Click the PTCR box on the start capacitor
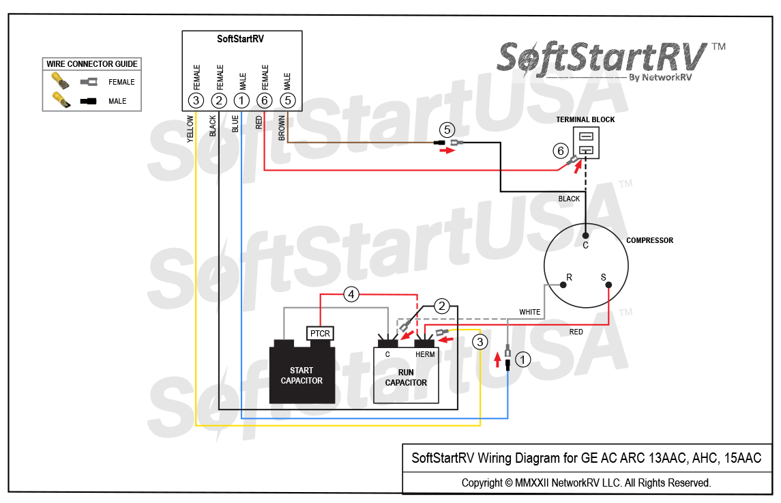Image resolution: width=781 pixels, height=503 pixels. click(320, 333)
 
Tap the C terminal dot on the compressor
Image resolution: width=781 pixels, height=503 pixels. click(585, 235)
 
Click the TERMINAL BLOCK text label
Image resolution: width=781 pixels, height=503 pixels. click(585, 119)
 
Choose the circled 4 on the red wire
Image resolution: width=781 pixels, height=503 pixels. click(351, 295)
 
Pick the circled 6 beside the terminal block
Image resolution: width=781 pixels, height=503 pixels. click(560, 151)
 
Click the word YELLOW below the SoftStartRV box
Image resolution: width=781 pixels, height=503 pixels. click(190, 128)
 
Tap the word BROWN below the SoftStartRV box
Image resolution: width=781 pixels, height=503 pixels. click(282, 128)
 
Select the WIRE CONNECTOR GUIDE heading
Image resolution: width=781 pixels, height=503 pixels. click(92, 64)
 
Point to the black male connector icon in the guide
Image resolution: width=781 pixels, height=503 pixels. click(88, 102)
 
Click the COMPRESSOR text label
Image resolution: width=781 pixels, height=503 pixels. click(649, 240)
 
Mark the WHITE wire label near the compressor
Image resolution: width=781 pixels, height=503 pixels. click(530, 312)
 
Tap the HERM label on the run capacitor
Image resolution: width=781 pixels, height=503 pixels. click(425, 354)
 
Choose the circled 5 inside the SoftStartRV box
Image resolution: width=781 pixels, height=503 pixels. click(289, 101)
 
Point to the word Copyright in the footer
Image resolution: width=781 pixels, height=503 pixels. click(482, 483)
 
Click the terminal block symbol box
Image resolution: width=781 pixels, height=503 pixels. click(586, 142)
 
